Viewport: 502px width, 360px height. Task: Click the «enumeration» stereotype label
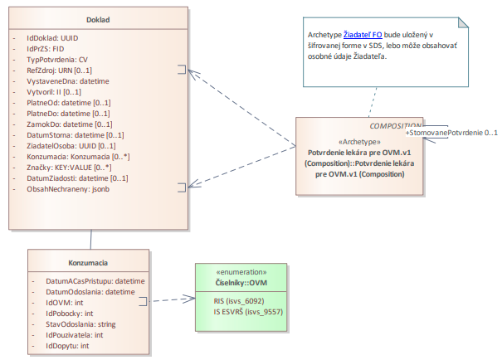click(241, 272)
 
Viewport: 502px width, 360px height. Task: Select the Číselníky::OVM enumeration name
click(241, 283)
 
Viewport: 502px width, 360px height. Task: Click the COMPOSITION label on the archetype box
click(397, 125)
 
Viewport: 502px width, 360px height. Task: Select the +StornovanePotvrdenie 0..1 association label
click(451, 133)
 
